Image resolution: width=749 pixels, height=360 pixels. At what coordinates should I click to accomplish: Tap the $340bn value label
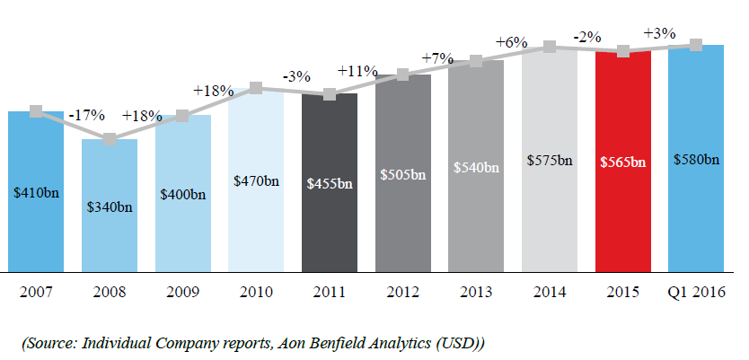[x=110, y=207]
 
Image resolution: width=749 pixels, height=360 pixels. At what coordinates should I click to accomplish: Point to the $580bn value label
[x=696, y=161]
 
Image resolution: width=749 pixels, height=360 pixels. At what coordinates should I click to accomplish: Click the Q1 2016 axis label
[x=696, y=291]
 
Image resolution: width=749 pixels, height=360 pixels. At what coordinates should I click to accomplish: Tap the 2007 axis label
[x=36, y=291]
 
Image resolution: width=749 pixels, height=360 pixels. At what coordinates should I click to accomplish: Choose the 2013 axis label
[x=476, y=291]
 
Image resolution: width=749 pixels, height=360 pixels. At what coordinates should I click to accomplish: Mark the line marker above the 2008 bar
[x=110, y=139]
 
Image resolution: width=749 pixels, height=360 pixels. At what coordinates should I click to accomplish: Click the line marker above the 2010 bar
[x=256, y=88]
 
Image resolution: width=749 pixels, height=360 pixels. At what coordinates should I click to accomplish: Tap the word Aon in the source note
[x=282, y=343]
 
